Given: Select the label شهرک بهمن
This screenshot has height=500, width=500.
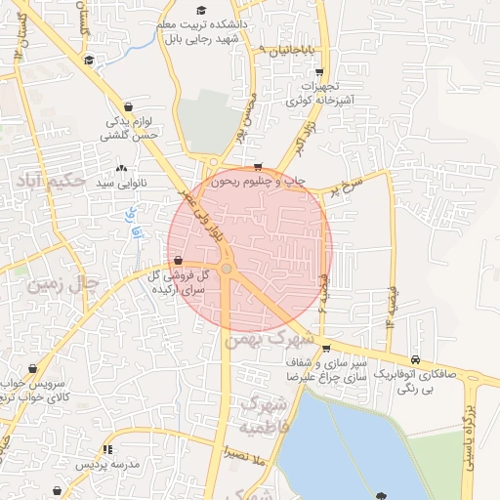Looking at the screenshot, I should click(x=270, y=338).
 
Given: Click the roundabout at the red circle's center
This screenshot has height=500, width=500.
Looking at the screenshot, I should click(x=227, y=268).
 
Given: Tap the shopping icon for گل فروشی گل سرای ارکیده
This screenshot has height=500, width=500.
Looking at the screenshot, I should click(x=177, y=261).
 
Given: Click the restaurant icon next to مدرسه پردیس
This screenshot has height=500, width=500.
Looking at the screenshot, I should click(x=106, y=449).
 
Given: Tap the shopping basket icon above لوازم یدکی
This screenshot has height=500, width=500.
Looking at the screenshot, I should click(x=129, y=106).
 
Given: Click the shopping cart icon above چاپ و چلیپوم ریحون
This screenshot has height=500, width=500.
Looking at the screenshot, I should click(x=257, y=166).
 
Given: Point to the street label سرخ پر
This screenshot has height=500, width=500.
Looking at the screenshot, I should click(x=346, y=185).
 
